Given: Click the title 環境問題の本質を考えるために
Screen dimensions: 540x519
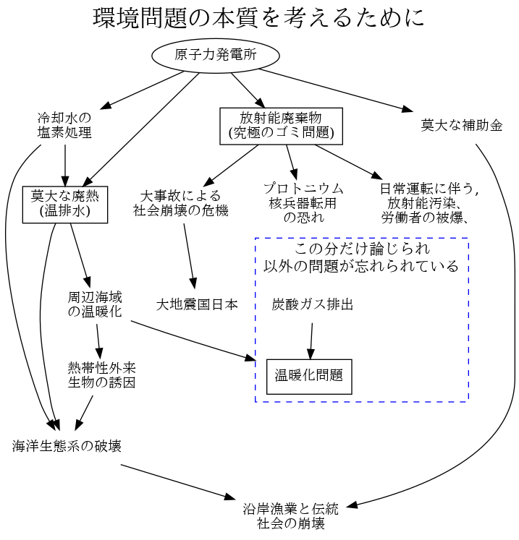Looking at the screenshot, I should pos(258,18).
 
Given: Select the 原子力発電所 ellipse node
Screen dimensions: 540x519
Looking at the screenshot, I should pos(216,56).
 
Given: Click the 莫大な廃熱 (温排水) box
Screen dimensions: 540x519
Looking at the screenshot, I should pos(65,205).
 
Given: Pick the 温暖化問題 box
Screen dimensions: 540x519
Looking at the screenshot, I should pos(309,376).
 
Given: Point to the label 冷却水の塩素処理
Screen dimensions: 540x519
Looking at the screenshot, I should pos(65,125).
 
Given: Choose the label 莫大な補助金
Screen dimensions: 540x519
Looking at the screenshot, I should pos(461,125).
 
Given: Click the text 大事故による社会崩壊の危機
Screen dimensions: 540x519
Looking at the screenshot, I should pos(180,204).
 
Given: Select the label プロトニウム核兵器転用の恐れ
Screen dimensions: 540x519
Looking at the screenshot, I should pos(303,203).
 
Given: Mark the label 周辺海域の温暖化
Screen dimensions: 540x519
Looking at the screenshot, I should pos(95,304).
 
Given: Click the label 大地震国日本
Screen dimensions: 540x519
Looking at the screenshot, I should pos(197,304).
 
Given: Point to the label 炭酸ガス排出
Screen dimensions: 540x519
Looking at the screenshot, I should pos(313,304).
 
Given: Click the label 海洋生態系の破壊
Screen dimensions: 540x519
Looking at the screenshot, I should pos(67,446).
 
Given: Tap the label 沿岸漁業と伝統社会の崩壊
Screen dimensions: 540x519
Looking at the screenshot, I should pos(290,515).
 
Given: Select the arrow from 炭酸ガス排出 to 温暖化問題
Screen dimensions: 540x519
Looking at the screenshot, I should pos(311,340).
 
